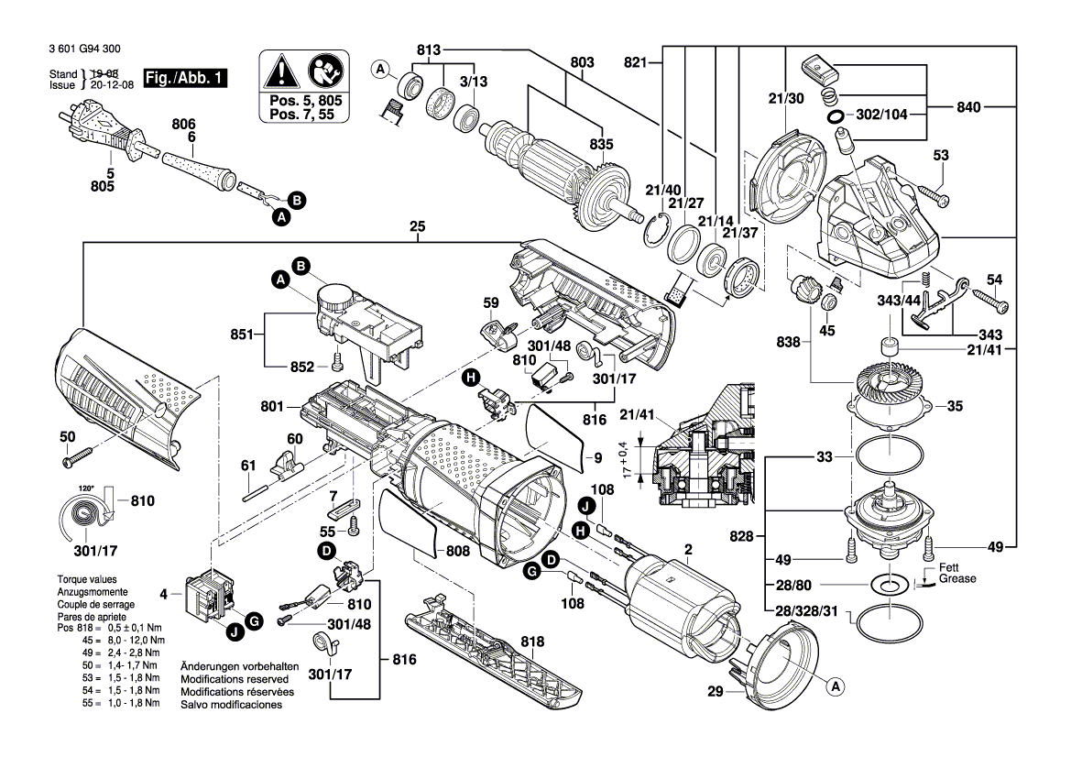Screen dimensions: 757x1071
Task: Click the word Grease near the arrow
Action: click(957, 578)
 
